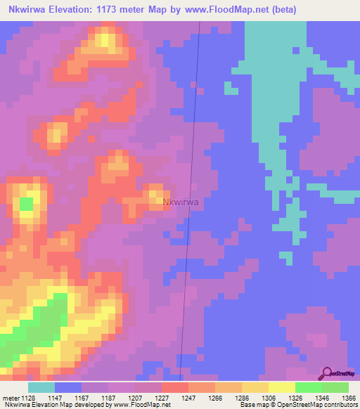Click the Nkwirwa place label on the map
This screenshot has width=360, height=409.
[x=181, y=202]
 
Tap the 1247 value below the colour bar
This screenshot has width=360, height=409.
[x=189, y=397]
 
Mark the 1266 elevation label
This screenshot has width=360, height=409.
[x=216, y=397]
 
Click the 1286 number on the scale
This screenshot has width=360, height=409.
[x=243, y=397]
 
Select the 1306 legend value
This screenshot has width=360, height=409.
[x=269, y=397]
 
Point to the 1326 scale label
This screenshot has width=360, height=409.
[x=295, y=397]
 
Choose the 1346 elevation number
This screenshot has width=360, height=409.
[x=322, y=397]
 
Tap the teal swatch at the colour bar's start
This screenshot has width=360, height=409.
[x=41, y=387]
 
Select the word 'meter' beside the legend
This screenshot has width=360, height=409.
[x=11, y=397]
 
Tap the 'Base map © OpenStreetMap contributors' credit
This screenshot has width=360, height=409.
[x=298, y=405]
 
